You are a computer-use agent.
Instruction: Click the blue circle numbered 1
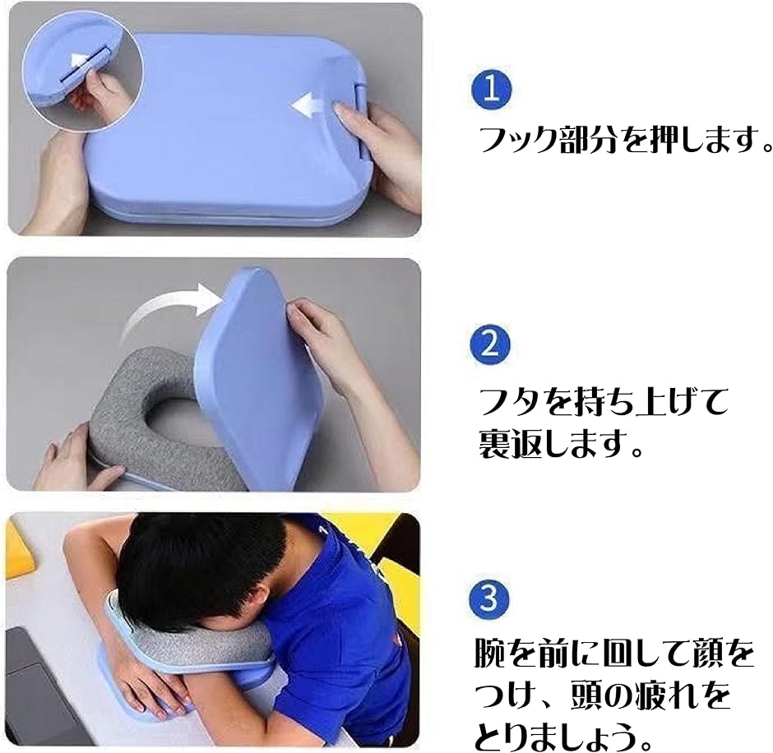click(x=492, y=90)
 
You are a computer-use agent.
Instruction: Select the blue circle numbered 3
click(x=489, y=598)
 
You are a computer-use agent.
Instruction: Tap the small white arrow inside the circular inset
click(x=80, y=62)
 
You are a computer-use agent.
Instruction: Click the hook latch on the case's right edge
click(x=360, y=121)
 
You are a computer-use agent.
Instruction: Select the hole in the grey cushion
click(x=172, y=420)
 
